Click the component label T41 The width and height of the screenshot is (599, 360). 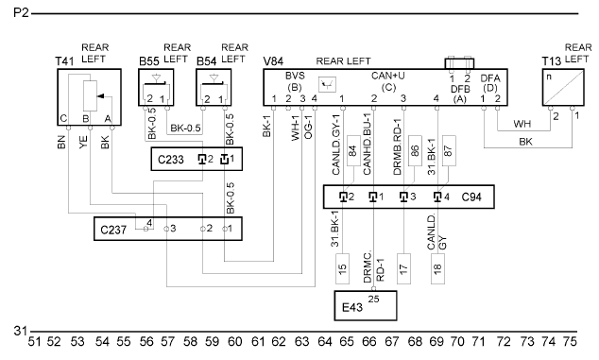[x=64, y=61]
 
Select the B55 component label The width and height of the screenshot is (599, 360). [x=148, y=61]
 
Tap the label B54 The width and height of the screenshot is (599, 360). [x=206, y=61]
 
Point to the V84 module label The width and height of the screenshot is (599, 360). [x=274, y=61]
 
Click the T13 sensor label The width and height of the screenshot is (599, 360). [x=552, y=61]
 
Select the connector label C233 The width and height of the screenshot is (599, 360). [x=171, y=160]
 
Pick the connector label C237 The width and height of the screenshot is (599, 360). [x=113, y=230]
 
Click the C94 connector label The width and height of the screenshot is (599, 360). [x=471, y=197]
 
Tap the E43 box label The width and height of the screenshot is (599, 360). [x=352, y=307]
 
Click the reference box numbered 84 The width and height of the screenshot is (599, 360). [x=353, y=150]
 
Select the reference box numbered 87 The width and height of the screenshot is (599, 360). [x=449, y=150]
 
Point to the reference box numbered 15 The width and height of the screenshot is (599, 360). [x=343, y=268]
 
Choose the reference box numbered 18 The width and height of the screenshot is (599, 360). [x=437, y=268]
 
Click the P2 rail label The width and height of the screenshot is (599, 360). [x=21, y=13]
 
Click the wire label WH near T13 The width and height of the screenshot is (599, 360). [x=522, y=124]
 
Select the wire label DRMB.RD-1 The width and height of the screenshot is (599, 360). [x=398, y=147]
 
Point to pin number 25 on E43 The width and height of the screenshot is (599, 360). [x=373, y=299]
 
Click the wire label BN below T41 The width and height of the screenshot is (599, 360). [x=61, y=142]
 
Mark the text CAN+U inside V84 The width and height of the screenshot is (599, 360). [x=388, y=76]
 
